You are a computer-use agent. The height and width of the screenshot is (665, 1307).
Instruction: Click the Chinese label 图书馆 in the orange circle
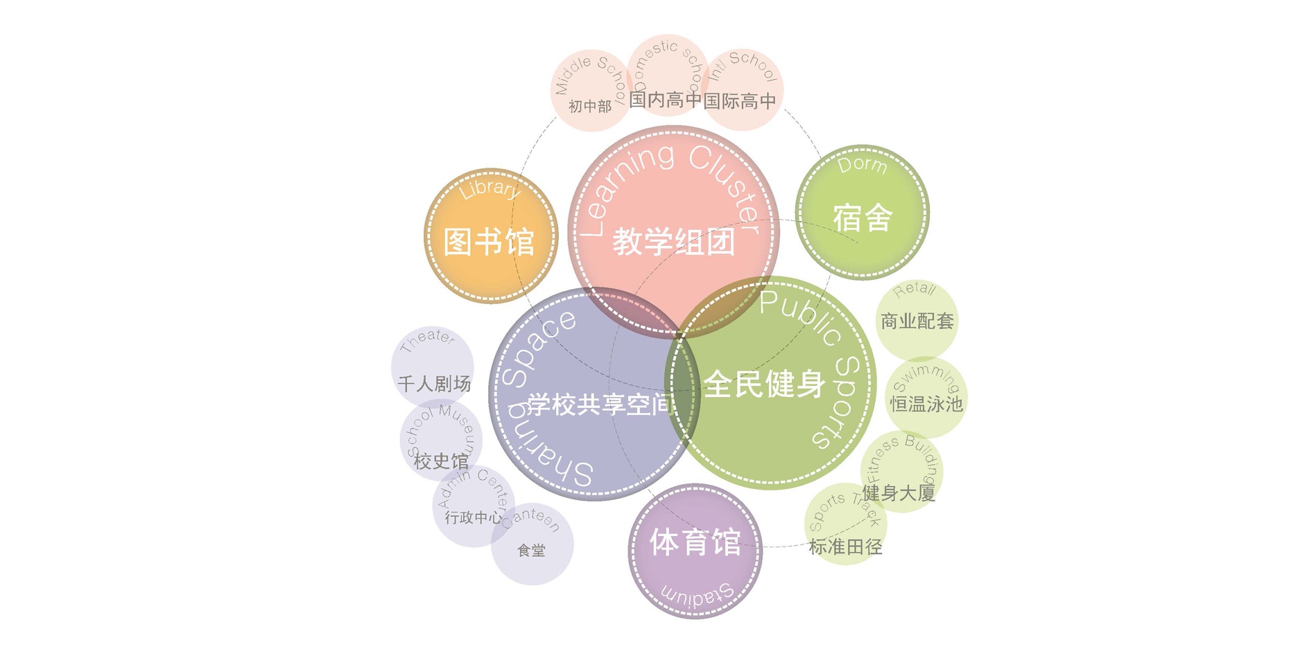[489, 242]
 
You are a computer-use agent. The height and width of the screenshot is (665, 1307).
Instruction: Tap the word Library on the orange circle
[490, 188]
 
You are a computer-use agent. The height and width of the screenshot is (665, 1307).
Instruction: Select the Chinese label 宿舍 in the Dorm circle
[862, 218]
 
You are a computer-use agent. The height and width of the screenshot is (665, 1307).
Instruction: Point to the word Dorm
[862, 165]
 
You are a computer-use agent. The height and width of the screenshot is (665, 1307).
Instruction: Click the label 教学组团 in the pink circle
[673, 242]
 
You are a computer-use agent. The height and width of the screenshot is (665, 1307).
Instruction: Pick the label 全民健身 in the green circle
[764, 384]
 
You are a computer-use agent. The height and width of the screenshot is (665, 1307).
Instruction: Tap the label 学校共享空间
[600, 404]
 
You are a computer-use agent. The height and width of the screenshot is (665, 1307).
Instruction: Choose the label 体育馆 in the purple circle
[695, 542]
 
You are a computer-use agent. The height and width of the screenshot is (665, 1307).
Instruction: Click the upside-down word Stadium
[697, 595]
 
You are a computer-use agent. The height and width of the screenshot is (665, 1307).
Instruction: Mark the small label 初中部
[590, 107]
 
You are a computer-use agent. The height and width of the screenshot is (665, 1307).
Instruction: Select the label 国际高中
[740, 101]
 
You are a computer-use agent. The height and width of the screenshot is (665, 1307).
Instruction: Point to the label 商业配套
[917, 321]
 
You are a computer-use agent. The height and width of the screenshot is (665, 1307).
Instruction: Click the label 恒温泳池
[926, 404]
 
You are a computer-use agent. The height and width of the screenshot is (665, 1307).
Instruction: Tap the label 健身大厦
[899, 493]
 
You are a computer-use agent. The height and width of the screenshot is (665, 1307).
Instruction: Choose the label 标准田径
[845, 547]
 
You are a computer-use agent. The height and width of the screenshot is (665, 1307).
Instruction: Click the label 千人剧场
[435, 384]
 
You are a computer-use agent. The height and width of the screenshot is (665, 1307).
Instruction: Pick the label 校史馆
[441, 461]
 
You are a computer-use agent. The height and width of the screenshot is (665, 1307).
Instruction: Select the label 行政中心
[474, 517]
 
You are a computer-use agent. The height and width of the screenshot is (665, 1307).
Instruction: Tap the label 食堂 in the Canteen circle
[531, 551]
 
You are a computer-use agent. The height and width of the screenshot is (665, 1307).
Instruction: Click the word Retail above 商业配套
[915, 290]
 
